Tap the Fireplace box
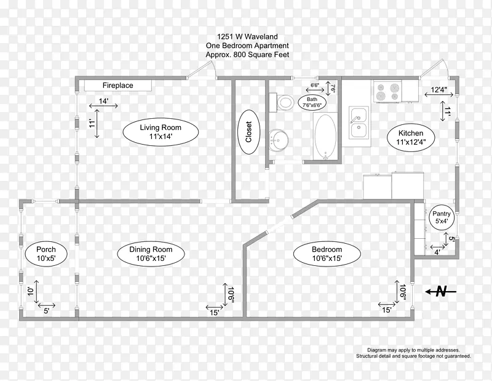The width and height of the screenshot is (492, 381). (118, 86)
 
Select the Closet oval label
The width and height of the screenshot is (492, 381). (248, 132)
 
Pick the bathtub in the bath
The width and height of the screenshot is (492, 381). (325, 136)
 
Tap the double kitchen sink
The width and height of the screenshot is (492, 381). (359, 122)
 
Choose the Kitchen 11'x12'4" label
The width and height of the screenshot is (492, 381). (411, 137)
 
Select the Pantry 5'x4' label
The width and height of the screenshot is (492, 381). (441, 217)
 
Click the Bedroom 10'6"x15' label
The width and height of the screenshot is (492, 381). (327, 254)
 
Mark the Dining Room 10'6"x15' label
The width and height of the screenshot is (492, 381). (151, 254)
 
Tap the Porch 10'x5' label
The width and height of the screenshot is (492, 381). (46, 254)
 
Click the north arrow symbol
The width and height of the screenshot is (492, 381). (440, 292)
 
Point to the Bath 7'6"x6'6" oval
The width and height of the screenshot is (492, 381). (312, 102)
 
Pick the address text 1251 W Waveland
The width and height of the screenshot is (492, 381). (248, 37)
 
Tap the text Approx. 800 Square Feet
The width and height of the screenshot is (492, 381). (247, 55)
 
